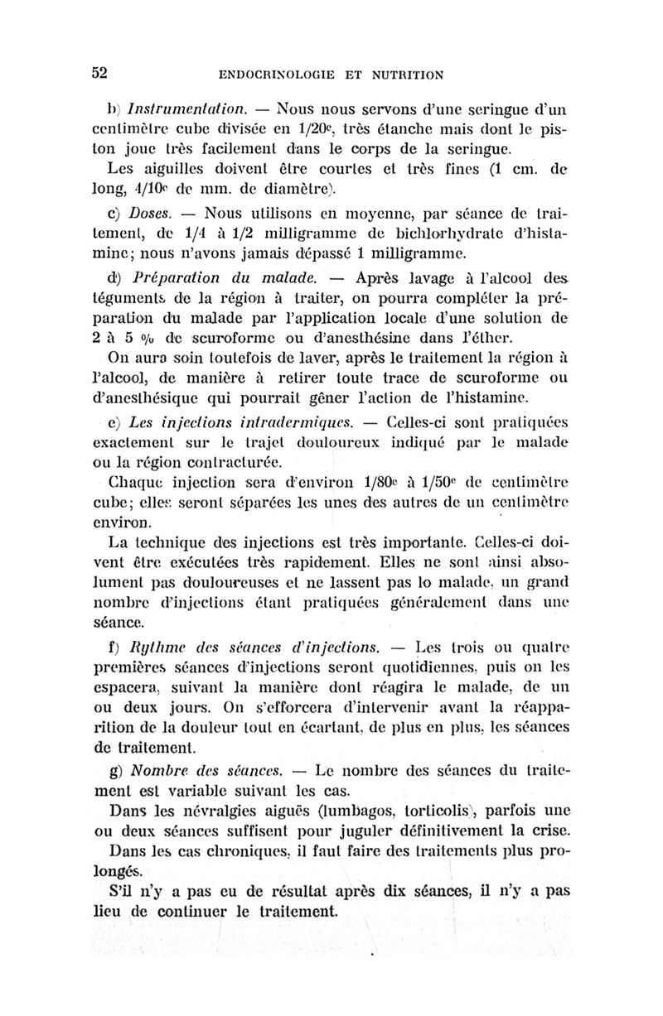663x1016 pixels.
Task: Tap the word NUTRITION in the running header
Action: pyautogui.click(x=404, y=74)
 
